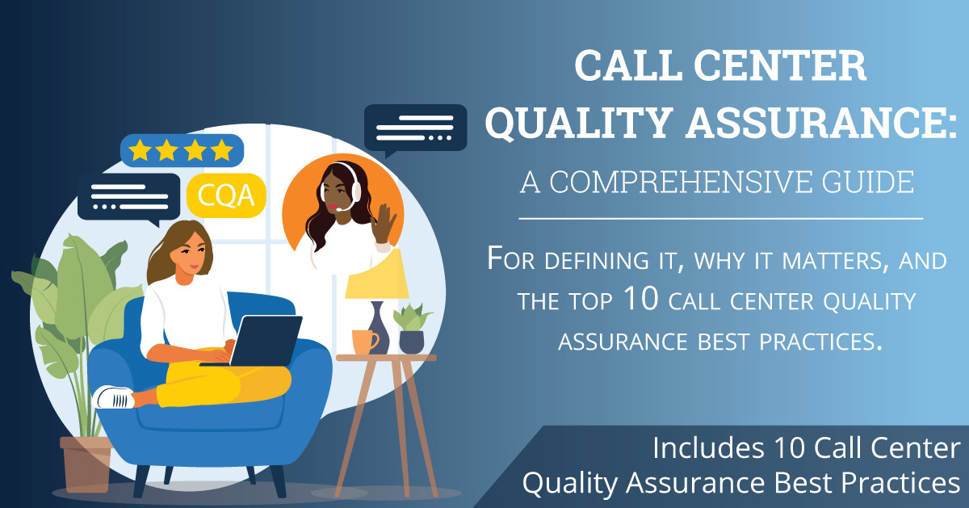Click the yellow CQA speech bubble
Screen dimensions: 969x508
[x=226, y=195]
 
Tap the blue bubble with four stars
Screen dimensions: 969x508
[x=182, y=150]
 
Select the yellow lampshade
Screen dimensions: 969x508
[x=377, y=275]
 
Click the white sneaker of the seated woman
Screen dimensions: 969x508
[x=114, y=397]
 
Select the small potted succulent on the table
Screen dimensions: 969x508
[x=412, y=329]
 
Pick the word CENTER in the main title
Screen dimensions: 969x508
[x=780, y=65]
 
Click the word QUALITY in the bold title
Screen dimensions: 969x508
[x=579, y=123]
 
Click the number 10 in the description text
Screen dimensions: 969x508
[x=641, y=299]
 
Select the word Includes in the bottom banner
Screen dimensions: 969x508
[x=708, y=448]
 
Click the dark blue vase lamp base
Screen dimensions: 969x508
[x=379, y=328]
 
